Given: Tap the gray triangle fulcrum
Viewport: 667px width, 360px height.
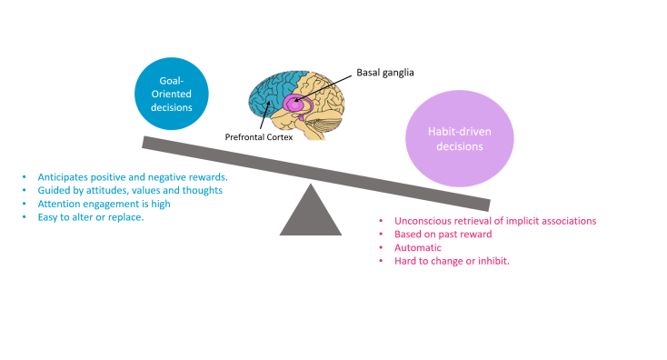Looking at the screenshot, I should pyautogui.click(x=310, y=212).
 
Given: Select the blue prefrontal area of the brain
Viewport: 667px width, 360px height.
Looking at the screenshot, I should pyautogui.click(x=269, y=95).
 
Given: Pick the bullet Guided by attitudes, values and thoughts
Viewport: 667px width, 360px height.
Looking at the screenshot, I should pyautogui.click(x=129, y=190).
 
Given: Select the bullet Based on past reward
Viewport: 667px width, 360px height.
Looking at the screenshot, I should pyautogui.click(x=443, y=235).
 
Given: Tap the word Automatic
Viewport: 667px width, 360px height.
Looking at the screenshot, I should pyautogui.click(x=417, y=247).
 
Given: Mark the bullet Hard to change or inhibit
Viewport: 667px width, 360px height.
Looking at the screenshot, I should pyautogui.click(x=450, y=261).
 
